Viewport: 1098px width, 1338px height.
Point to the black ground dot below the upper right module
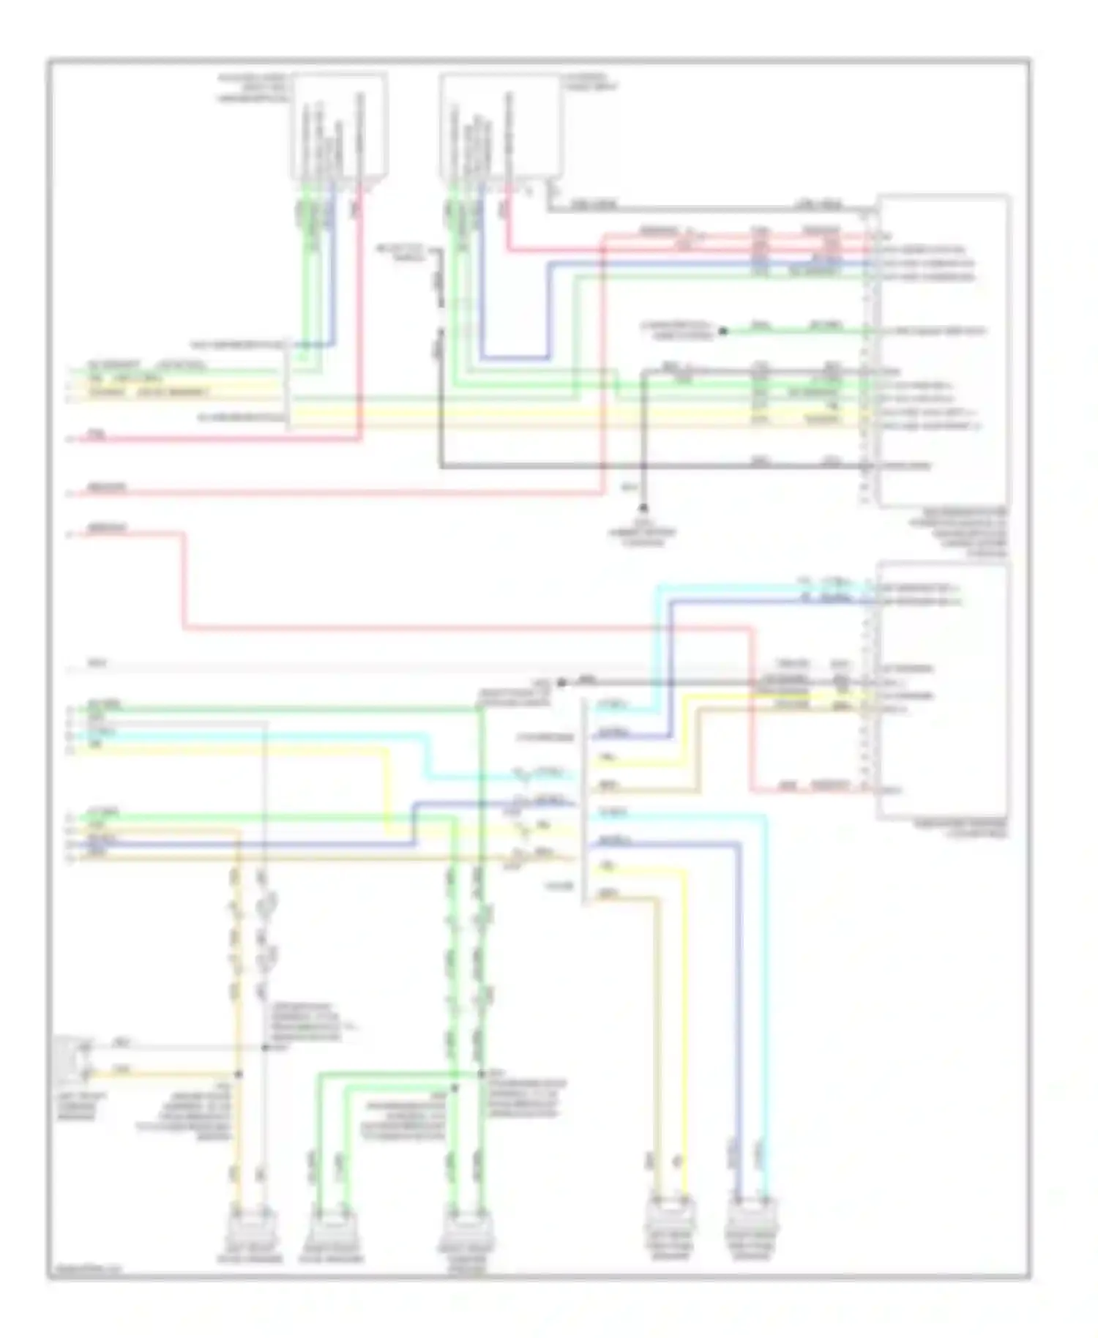tap(643, 507)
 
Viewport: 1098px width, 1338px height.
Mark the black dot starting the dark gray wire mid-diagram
tap(561, 682)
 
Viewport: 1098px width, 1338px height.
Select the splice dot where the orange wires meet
tap(238, 1074)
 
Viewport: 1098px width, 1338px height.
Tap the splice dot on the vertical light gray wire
tap(264, 1047)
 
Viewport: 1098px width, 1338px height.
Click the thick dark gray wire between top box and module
tap(703, 210)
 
